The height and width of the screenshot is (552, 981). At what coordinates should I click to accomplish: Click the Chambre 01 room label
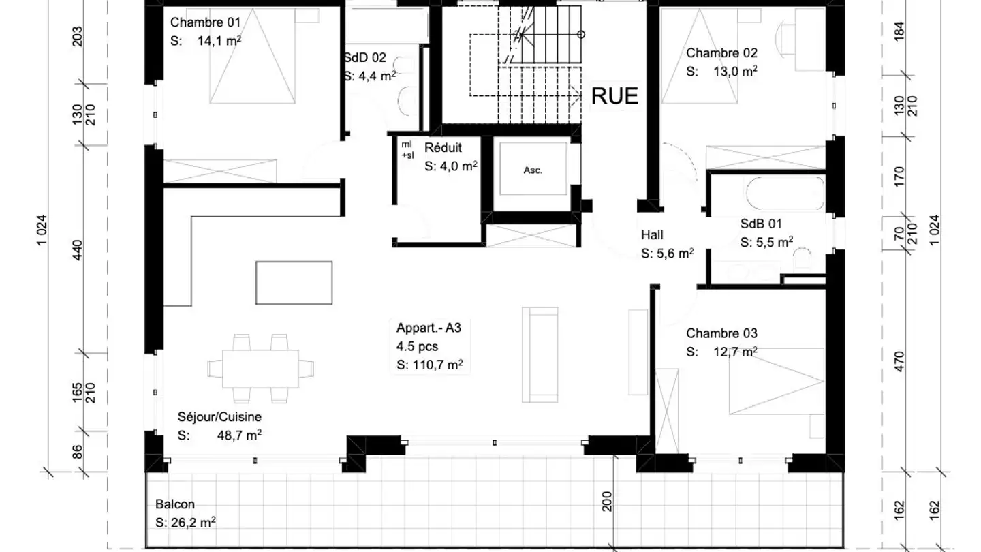point(206,22)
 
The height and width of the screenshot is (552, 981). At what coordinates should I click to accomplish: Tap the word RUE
point(614,96)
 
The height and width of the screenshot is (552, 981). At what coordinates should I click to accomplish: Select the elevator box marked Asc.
point(533,169)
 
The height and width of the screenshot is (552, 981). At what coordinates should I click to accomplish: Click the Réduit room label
point(443,148)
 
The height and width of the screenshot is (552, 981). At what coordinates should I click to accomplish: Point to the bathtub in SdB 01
point(784,194)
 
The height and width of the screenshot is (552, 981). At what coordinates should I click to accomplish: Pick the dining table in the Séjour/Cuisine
point(260,369)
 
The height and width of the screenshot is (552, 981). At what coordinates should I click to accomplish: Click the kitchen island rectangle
point(294,283)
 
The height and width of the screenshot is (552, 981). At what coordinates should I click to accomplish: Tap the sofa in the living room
point(540,354)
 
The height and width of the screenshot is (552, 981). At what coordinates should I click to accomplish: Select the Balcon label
point(174,504)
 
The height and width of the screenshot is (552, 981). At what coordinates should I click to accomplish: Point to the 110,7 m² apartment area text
point(437,365)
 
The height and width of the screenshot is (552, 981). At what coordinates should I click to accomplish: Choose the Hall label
point(652,235)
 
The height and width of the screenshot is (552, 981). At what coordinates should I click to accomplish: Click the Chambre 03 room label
point(721,333)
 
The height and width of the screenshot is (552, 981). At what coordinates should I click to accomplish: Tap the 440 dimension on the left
point(77,249)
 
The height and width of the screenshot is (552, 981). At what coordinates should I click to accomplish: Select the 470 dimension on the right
point(899,361)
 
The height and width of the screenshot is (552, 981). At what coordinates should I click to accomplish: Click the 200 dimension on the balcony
point(606,501)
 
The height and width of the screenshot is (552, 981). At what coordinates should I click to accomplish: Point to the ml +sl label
point(407,150)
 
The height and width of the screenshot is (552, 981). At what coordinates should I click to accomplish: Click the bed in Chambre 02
point(700,56)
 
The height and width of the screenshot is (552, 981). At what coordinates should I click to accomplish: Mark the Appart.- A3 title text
point(429,328)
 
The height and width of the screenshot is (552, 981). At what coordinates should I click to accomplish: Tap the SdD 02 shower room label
point(365,58)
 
